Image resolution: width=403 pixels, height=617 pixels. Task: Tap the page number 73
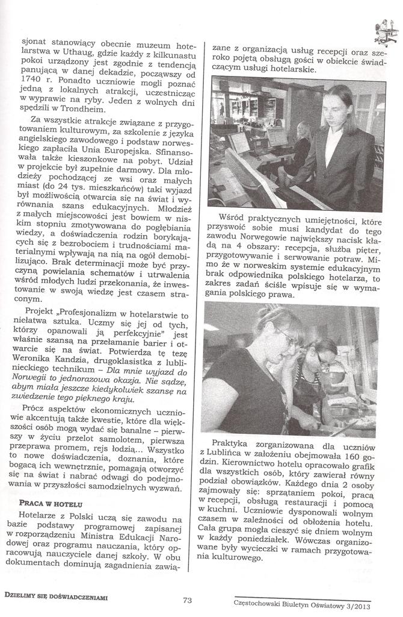click(x=186, y=599)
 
